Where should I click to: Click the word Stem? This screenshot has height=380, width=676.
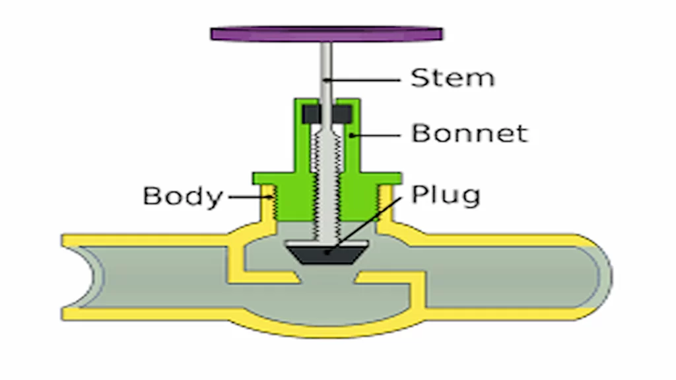(452, 78)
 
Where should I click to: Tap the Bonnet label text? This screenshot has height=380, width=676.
(469, 133)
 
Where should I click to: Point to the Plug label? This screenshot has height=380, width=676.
(446, 195)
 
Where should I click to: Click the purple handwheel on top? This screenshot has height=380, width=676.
(326, 33)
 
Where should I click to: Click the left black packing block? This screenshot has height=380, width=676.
(311, 114)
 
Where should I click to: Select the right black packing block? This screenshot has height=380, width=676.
(342, 114)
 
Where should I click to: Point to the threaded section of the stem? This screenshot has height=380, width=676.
(326, 178)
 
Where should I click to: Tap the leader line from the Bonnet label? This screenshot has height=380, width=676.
(376, 135)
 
